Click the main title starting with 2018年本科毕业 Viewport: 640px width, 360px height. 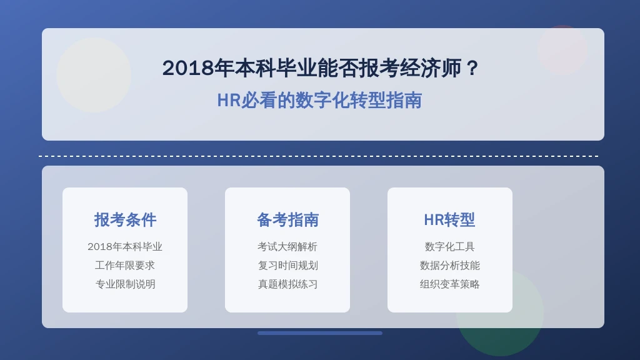tap(320, 67)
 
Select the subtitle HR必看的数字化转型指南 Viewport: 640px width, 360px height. tap(319, 100)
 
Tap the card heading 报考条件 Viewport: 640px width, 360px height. tap(125, 219)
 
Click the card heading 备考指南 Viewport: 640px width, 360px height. tap(287, 219)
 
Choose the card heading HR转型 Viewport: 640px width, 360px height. tap(449, 219)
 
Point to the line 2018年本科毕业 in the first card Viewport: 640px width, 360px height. tap(125, 246)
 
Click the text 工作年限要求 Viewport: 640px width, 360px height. tap(125, 265)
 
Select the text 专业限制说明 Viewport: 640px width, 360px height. tap(125, 284)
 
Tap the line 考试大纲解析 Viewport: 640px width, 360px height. tap(287, 246)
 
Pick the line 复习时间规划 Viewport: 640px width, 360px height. tap(287, 265)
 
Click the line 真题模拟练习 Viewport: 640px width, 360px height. tap(287, 284)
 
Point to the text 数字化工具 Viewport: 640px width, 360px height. tap(449, 246)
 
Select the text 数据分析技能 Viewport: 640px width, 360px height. tap(449, 265)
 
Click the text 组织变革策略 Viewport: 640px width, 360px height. tap(449, 284)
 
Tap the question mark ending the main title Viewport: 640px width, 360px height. tap(472, 67)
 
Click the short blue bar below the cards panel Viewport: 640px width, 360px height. tap(320, 333)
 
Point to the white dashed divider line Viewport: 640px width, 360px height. tap(319, 156)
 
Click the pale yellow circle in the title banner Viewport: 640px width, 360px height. tap(94, 75)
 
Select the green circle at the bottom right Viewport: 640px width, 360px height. tap(500, 312)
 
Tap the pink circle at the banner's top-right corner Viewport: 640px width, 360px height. tap(563, 50)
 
